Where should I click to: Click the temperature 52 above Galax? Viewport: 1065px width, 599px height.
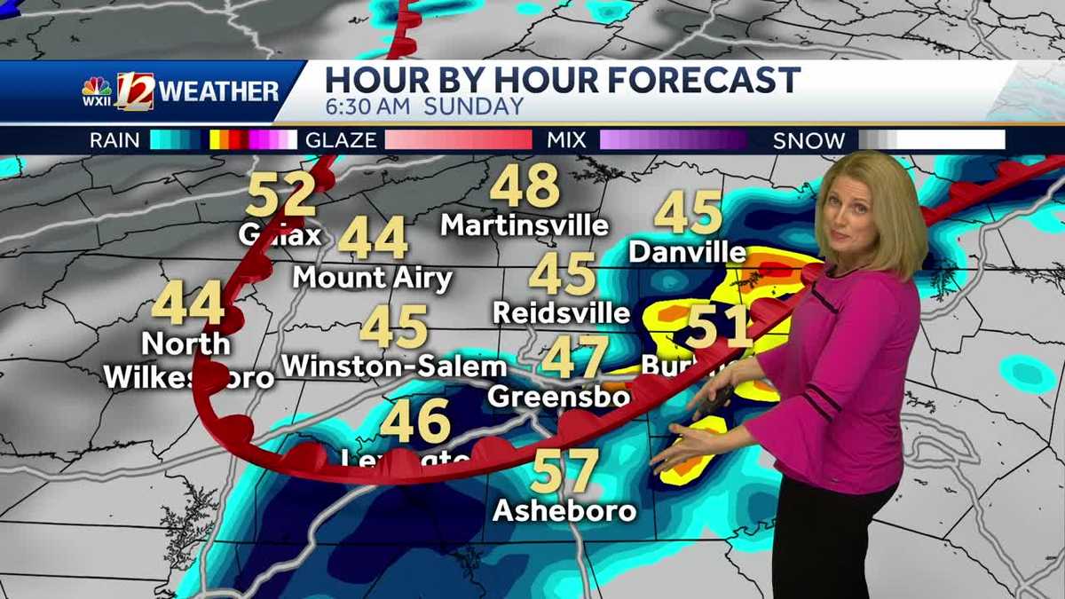click(280, 194)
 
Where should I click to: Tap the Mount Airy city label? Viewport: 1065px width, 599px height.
click(373, 278)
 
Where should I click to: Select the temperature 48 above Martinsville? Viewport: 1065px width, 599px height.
click(525, 185)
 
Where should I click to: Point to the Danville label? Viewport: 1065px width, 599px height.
click(687, 252)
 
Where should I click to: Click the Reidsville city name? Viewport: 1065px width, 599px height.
click(561, 312)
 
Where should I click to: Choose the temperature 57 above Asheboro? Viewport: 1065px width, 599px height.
click(564, 471)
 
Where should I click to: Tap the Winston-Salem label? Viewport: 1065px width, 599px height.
click(394, 366)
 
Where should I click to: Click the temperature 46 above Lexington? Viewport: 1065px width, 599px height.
click(415, 422)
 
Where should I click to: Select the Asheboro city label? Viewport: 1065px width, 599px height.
click(564, 511)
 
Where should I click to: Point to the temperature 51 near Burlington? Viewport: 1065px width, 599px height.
click(719, 327)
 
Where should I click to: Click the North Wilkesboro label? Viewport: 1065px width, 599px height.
click(187, 360)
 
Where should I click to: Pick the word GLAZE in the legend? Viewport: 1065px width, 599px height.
click(341, 140)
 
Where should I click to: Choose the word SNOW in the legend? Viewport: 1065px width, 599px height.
click(809, 140)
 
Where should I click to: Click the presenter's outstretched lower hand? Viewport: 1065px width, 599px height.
click(679, 448)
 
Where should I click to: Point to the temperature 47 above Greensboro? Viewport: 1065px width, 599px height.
click(575, 357)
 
